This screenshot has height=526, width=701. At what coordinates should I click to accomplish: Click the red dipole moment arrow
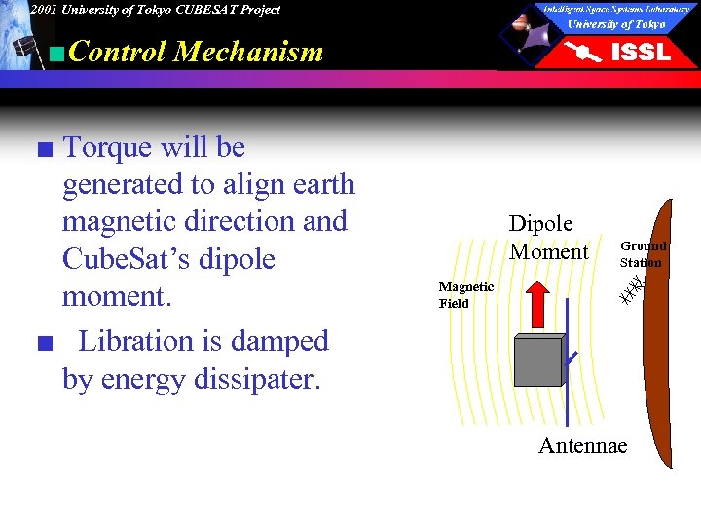pyautogui.click(x=537, y=304)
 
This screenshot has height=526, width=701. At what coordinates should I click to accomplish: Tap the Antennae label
pyautogui.click(x=582, y=445)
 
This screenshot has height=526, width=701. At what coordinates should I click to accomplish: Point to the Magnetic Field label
pyautogui.click(x=465, y=295)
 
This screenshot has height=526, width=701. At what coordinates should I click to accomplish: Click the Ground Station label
pyautogui.click(x=643, y=254)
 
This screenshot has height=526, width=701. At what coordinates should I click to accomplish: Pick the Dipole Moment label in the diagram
pyautogui.click(x=548, y=238)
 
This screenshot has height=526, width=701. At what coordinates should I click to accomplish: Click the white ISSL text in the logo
pyautogui.click(x=640, y=53)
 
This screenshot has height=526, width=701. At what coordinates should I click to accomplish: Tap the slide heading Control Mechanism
pyautogui.click(x=196, y=51)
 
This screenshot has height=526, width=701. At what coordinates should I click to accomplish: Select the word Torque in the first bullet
pyautogui.click(x=107, y=147)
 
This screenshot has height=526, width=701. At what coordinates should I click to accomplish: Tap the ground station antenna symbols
pyautogui.click(x=633, y=288)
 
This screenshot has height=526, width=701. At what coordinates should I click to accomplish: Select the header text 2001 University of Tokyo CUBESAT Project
pyautogui.click(x=155, y=9)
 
